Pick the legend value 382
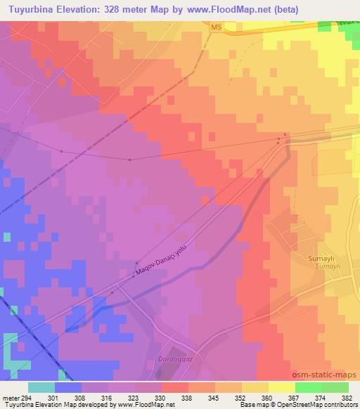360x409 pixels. click(345, 397)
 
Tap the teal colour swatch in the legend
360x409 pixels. click(41, 387)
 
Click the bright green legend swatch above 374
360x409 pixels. click(309, 387)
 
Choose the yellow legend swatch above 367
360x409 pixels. click(282, 387)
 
